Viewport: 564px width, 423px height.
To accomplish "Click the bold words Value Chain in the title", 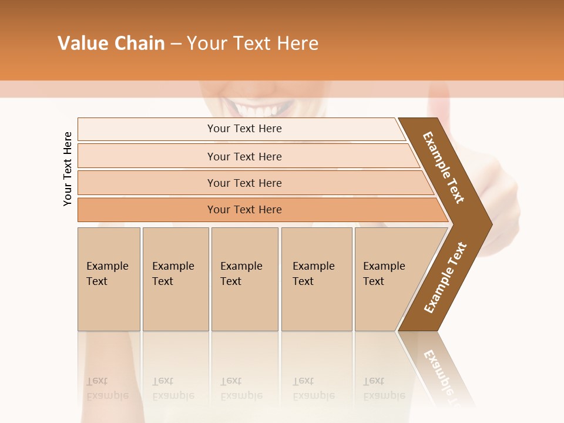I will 111,43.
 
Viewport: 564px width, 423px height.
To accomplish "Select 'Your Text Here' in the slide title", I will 253,43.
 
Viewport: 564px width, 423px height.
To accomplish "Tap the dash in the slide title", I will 176,44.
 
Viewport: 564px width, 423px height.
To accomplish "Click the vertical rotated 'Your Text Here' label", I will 68,169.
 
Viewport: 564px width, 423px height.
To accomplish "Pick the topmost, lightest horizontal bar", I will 244,129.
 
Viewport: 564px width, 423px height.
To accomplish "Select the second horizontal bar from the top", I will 244,156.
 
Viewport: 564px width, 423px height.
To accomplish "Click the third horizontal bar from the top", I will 244,183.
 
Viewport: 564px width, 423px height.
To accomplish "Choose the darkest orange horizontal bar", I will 244,210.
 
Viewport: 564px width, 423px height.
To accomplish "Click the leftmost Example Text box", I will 109,279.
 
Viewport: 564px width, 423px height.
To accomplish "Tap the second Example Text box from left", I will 175,279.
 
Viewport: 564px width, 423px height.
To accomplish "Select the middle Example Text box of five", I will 244,279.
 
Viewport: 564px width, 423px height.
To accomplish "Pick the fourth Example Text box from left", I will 316,279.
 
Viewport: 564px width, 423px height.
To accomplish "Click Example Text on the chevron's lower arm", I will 445,277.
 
